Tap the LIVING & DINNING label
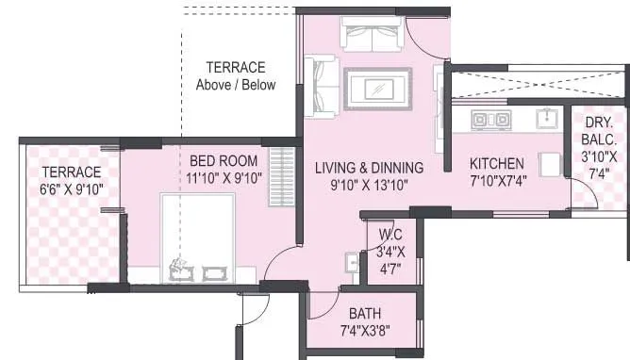tap(369, 168)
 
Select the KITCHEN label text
tap(497, 163)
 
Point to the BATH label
tap(364, 313)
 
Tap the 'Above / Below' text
tap(236, 85)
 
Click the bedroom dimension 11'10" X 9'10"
tap(224, 177)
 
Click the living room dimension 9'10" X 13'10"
tap(368, 185)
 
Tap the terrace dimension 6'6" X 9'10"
tap(72, 189)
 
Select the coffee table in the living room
tap(377, 89)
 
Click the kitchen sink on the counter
tap(546, 118)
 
